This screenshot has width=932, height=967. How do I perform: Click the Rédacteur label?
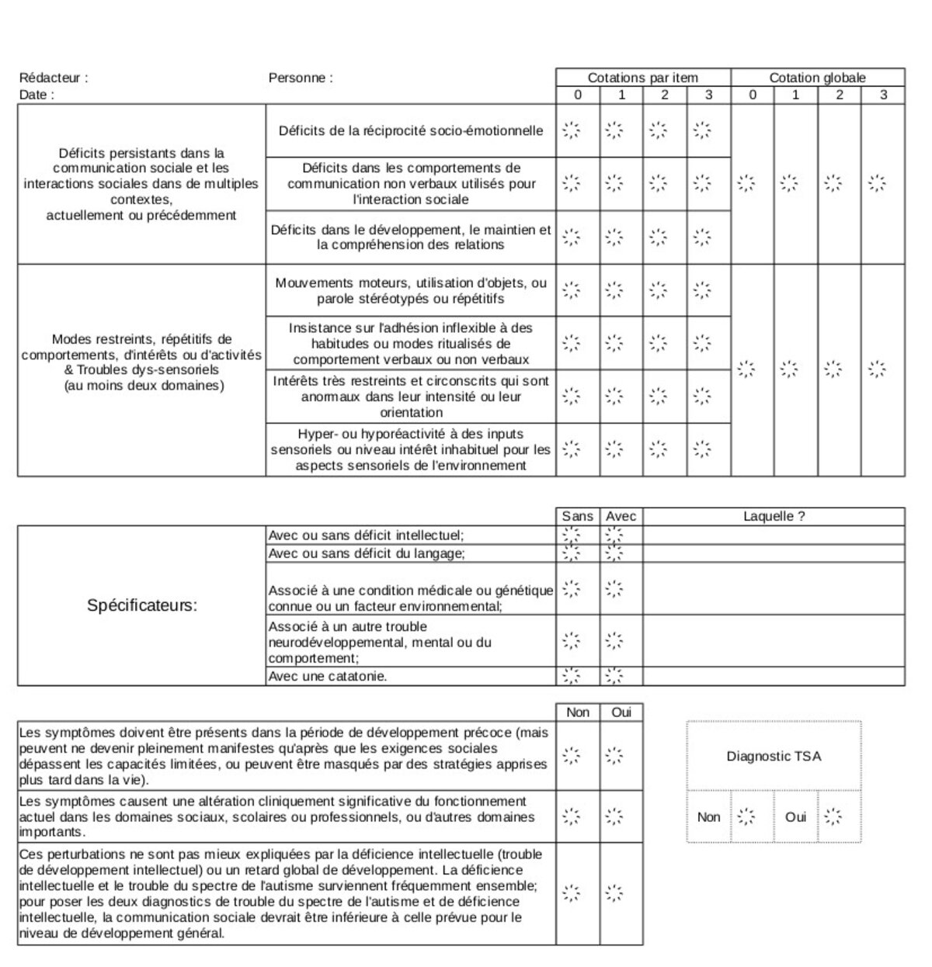point(54,78)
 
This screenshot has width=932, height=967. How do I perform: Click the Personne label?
point(301,78)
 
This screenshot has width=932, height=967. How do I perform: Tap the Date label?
point(37,95)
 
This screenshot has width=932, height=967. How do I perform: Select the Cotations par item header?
point(642,78)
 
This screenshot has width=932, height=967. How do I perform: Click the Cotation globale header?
point(817,78)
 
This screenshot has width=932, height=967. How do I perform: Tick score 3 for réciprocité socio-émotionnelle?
point(702,130)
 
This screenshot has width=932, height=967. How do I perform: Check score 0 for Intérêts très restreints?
point(572,396)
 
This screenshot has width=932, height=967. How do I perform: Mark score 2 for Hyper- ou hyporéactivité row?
point(659,449)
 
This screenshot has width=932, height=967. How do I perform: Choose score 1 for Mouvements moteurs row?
point(614,290)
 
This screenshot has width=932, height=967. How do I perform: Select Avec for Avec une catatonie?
point(614,676)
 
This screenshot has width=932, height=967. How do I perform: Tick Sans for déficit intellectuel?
point(572,535)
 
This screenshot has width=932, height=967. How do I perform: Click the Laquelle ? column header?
point(774,516)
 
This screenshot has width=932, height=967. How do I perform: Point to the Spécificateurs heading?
point(142,605)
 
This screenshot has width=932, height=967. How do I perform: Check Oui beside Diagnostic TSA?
point(833,816)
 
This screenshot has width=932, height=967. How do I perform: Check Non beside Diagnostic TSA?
point(746,816)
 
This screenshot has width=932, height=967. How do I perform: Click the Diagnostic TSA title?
point(774,756)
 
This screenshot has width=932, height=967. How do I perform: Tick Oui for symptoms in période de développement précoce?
point(614,755)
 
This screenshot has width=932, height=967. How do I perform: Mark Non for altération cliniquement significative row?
point(572,816)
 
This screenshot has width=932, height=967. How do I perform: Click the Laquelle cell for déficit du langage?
point(774,553)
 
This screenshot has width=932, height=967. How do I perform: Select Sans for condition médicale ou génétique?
point(572,589)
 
